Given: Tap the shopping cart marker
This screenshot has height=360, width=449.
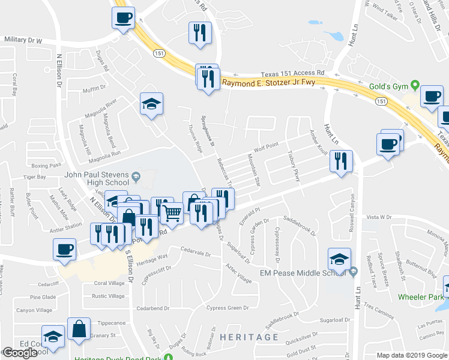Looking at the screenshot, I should point(172,214).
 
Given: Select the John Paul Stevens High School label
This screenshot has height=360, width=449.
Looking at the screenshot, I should point(96,178).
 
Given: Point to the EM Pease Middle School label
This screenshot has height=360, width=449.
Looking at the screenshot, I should point(303,273).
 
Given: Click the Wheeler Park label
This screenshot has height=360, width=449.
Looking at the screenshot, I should point(420,296).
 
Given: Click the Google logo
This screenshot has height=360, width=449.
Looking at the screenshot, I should point(20,352).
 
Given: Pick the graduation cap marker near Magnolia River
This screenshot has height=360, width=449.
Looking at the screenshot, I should point(151,103).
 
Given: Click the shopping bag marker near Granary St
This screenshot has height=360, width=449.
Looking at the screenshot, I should point(79,328).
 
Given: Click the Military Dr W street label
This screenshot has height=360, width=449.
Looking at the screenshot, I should point(23,40).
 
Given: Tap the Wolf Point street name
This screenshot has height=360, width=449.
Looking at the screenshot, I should point(266,145).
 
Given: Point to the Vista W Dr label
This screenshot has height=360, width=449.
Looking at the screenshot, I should point(379,217).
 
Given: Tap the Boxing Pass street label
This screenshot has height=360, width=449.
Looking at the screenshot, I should point(47,165).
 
